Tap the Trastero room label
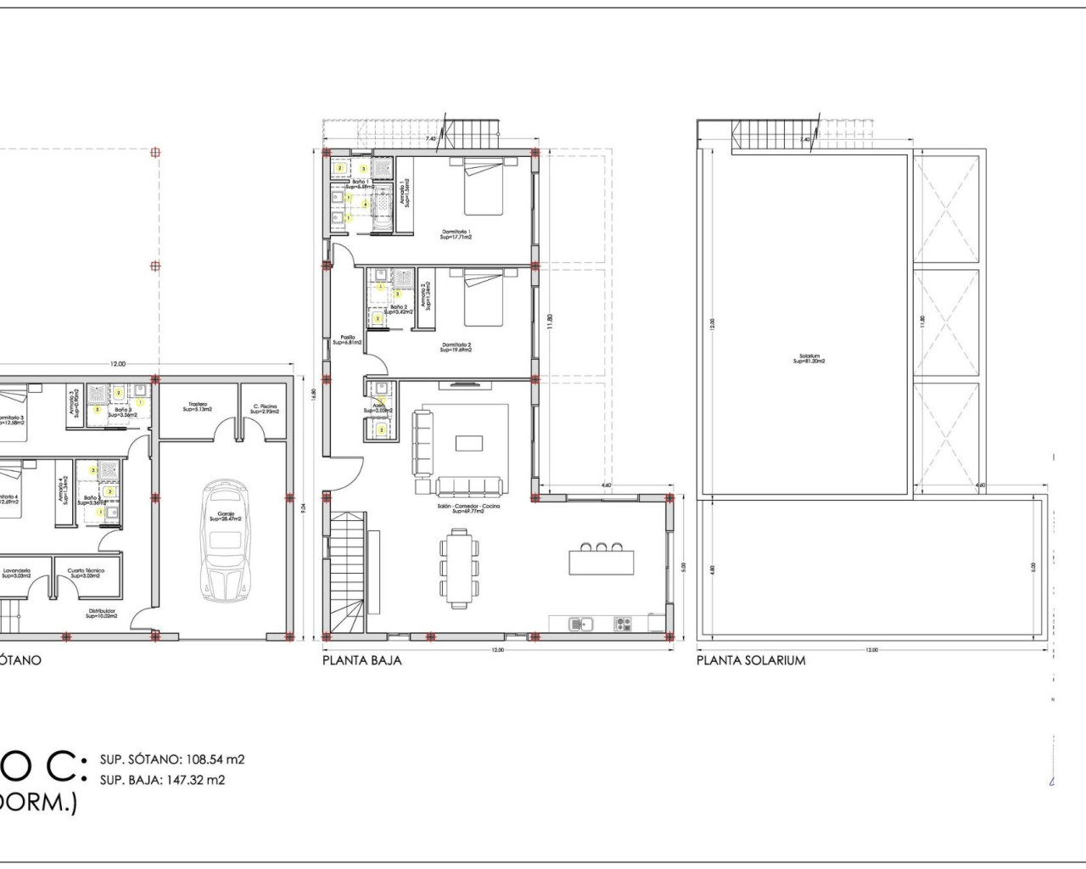[198, 406]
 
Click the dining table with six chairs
[459, 567]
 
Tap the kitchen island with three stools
[602, 560]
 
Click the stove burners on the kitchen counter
[624, 625]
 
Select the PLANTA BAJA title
[362, 660]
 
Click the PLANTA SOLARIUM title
[751, 660]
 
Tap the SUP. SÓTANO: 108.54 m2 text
[172, 760]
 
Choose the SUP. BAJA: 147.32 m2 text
[163, 780]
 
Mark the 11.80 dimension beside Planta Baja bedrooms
[551, 322]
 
